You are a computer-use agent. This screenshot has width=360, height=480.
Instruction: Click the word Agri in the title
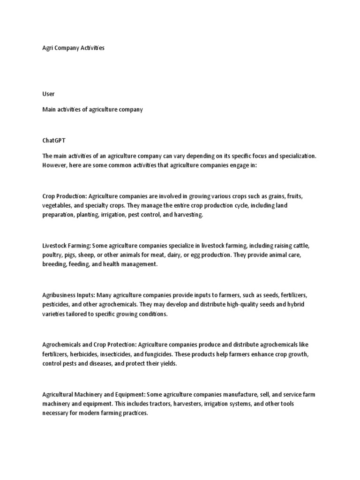coord(47,48)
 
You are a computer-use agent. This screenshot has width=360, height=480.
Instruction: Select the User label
coord(48,94)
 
